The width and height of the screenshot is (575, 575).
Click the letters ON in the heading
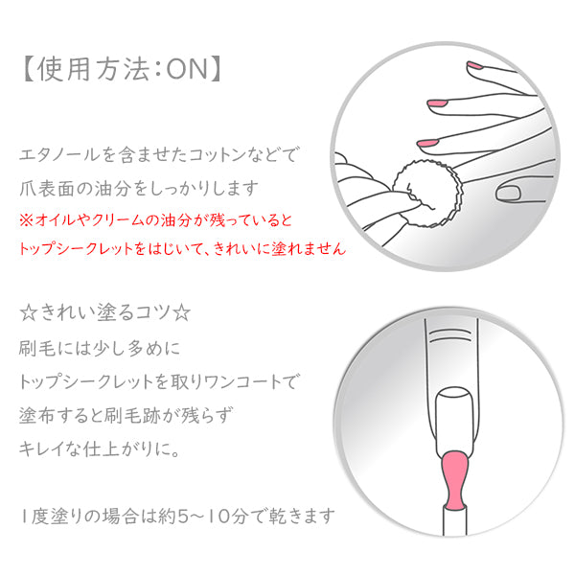(x=188, y=69)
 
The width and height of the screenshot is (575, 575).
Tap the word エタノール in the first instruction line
(x=59, y=154)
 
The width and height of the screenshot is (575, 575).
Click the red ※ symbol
(x=27, y=220)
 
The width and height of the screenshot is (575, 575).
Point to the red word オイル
(x=56, y=220)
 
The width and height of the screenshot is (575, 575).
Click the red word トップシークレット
(x=76, y=248)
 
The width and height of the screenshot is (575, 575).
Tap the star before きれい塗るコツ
(x=28, y=313)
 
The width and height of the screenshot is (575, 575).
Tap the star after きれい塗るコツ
(x=181, y=313)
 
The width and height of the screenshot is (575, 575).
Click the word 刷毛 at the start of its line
(x=36, y=348)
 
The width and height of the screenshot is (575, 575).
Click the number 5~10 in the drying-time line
(x=204, y=516)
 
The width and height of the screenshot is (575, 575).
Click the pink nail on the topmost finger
(x=474, y=65)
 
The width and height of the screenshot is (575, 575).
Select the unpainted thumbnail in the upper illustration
(x=508, y=194)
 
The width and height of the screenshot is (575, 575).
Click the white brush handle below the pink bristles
(x=454, y=520)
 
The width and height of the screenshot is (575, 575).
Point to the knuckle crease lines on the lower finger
(x=450, y=335)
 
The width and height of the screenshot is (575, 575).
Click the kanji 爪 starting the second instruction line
(x=28, y=188)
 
